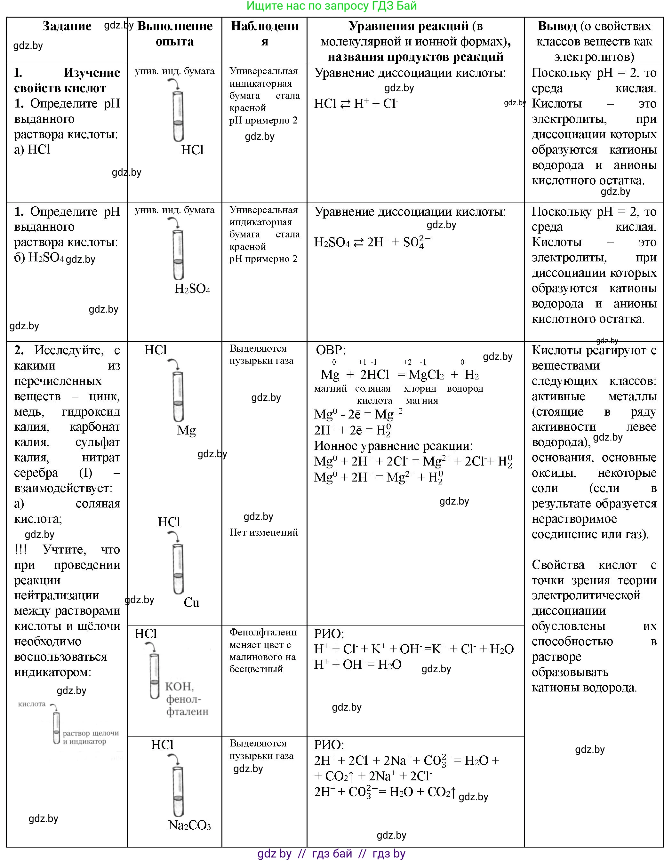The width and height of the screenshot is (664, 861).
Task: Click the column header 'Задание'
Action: [x=67, y=26]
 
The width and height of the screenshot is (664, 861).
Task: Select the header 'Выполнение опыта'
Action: [x=175, y=34]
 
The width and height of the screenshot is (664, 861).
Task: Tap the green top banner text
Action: [x=331, y=6]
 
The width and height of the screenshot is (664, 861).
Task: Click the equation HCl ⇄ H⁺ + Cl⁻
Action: [x=356, y=104]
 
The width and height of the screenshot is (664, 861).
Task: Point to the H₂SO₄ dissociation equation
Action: [x=372, y=242]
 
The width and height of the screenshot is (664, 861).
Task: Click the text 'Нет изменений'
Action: [x=263, y=532]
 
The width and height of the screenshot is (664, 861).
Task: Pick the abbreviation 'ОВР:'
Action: [x=331, y=350]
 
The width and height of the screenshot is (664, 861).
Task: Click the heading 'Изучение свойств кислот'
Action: [x=67, y=80]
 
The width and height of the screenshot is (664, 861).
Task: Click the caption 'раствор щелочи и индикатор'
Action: [x=91, y=737]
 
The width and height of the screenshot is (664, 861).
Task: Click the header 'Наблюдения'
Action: [x=265, y=34]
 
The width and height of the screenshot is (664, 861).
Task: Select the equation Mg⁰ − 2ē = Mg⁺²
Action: [x=358, y=414]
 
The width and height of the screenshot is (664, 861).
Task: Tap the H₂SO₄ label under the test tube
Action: [x=192, y=289]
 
